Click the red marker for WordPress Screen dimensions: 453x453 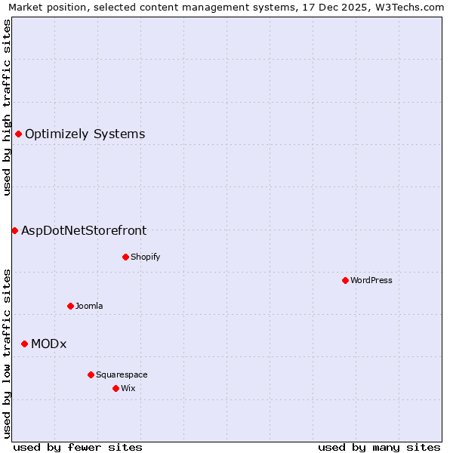[345, 280]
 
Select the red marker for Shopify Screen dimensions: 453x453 [125, 257]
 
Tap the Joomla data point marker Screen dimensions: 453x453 [70, 306]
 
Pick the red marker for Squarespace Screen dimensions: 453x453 [91, 374]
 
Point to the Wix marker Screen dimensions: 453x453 [116, 388]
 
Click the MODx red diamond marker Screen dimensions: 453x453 [24, 344]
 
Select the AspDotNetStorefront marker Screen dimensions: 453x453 [14, 230]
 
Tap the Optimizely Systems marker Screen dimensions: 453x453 [18, 134]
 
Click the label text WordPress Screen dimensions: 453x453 [371, 280]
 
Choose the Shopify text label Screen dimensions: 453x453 [146, 257]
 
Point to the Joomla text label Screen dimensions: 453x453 [89, 306]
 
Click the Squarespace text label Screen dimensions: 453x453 [122, 374]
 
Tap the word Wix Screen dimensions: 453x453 [128, 388]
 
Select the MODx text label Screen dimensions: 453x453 [49, 344]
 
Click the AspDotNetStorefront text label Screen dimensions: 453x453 [84, 231]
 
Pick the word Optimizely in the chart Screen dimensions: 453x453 [57, 134]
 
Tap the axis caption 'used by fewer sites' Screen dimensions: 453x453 [78, 447]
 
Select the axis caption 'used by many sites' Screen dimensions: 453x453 [379, 447]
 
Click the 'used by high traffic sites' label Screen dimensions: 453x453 [8, 107]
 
